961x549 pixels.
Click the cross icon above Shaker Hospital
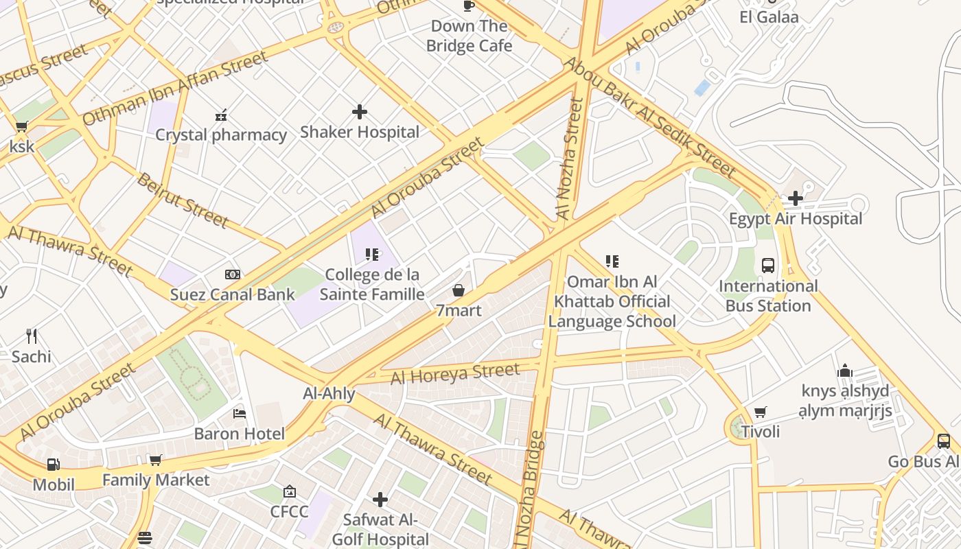point(359,112)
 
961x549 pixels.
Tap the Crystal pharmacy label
point(220,135)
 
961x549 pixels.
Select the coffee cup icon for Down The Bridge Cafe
point(469,6)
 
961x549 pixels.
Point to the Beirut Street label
point(182,200)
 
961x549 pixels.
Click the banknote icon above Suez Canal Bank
point(233,274)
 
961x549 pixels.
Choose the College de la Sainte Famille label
point(372,284)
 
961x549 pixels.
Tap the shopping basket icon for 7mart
point(459,291)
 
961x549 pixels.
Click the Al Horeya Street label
point(455,374)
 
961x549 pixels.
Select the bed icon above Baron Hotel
point(240,413)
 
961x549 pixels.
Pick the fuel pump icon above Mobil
point(53,465)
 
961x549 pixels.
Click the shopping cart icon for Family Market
point(155,460)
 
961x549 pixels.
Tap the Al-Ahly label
point(329,394)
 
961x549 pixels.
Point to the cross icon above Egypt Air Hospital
point(796,199)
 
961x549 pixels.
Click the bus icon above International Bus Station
point(768,266)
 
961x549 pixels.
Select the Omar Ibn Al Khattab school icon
point(612,261)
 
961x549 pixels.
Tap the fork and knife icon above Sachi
point(31,336)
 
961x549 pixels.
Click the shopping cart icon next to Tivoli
point(760,412)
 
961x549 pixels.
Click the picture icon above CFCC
point(290,491)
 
